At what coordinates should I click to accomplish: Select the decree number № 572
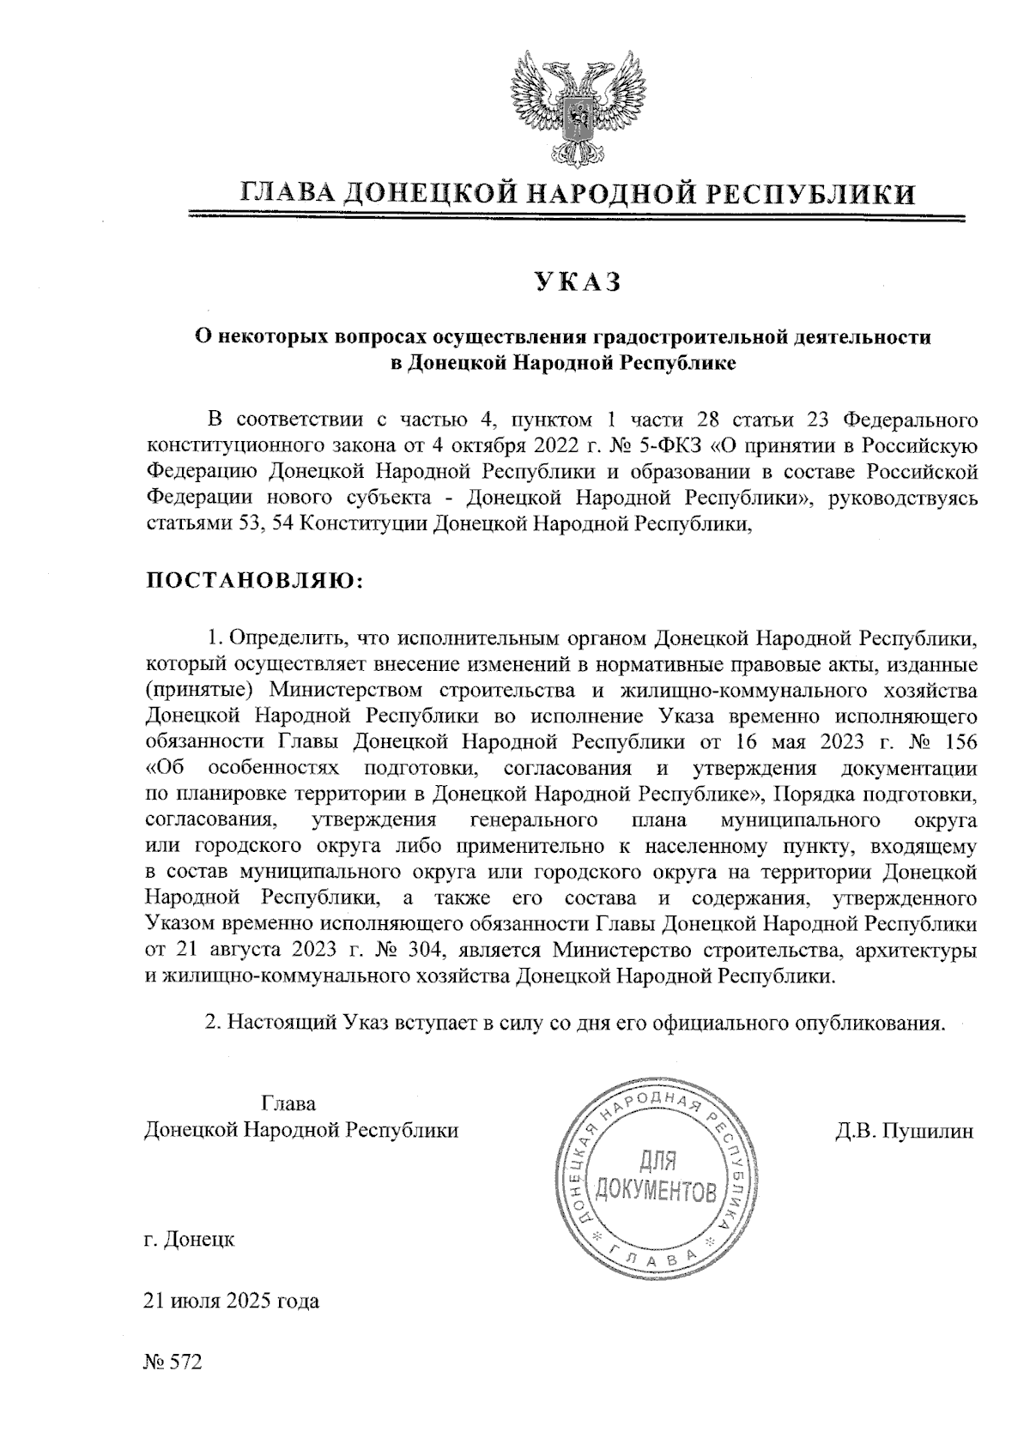173,1362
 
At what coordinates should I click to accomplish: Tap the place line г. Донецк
189,1240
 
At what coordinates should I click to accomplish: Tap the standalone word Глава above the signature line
288,1103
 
